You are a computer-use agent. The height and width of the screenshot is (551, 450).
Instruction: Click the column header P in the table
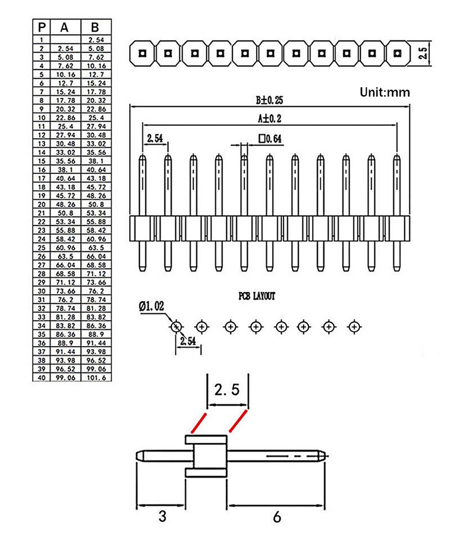[x=42, y=28]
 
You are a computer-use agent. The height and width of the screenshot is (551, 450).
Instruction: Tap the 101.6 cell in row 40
[x=96, y=378]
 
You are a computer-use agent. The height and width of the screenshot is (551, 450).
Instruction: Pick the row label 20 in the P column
[x=42, y=204]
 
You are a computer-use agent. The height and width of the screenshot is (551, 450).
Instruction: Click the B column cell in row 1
[x=96, y=40]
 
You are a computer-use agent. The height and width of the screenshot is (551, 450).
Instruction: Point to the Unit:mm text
[x=385, y=92]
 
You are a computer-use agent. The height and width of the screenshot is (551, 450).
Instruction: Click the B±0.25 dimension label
[x=269, y=100]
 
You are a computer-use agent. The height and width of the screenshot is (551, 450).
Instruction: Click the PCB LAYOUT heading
[x=257, y=296]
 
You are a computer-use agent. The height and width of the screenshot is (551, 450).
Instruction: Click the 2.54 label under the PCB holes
[x=188, y=342]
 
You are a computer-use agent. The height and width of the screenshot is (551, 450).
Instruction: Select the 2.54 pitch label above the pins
[x=155, y=138]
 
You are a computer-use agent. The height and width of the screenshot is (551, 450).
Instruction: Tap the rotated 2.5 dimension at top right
[x=423, y=54]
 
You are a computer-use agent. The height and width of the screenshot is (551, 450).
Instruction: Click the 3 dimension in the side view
[x=162, y=517]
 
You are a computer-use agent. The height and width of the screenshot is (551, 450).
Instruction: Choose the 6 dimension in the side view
[x=277, y=517]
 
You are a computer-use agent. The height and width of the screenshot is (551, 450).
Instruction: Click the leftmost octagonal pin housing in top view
[x=142, y=54]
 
